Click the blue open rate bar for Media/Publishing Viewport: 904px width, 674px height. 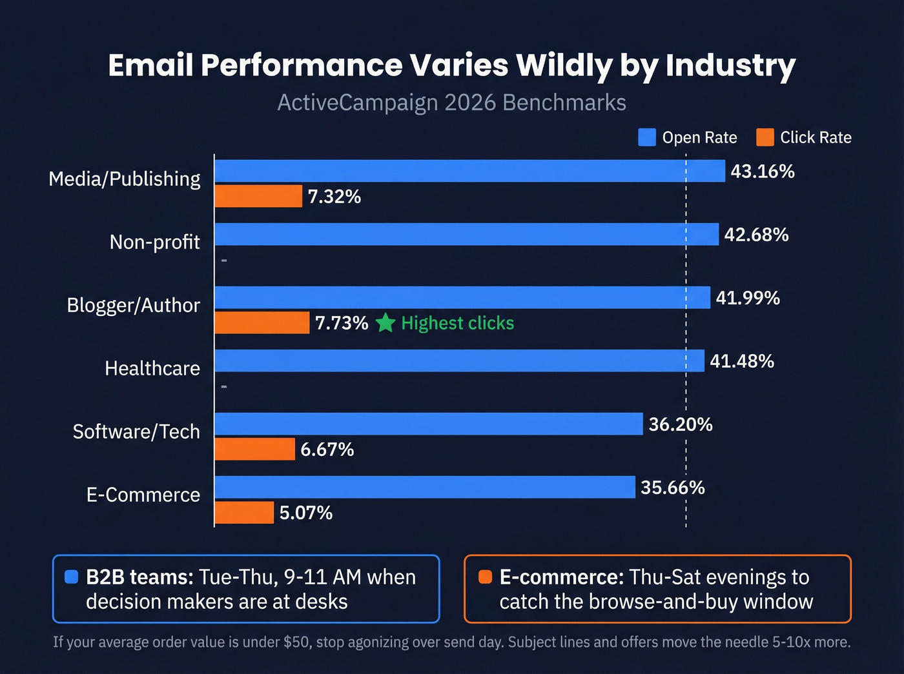[x=469, y=171]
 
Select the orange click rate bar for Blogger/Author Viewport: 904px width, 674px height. [x=262, y=322]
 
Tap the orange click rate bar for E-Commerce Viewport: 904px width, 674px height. [x=244, y=513]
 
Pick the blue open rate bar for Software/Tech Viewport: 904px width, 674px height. [x=428, y=424]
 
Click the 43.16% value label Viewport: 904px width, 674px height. [x=762, y=172]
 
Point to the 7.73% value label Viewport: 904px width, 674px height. [x=342, y=322]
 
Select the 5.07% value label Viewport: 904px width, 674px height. [x=306, y=513]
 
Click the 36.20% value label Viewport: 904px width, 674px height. [x=681, y=424]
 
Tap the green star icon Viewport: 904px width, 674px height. [x=385, y=322]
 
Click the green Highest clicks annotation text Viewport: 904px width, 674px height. [x=457, y=323]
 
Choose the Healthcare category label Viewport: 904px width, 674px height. [x=152, y=368]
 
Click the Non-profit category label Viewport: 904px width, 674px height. [x=155, y=242]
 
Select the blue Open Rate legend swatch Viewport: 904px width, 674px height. [x=646, y=137]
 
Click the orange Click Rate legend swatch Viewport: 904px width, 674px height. [x=765, y=137]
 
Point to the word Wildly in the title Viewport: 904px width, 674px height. [x=564, y=65]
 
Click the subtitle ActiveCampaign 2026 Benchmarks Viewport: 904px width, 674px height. [x=451, y=103]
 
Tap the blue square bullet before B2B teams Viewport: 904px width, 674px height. [x=72, y=577]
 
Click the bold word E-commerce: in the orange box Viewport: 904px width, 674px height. [x=561, y=577]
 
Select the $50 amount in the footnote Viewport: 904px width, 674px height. [x=297, y=642]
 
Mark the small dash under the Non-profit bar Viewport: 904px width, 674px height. [x=224, y=261]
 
